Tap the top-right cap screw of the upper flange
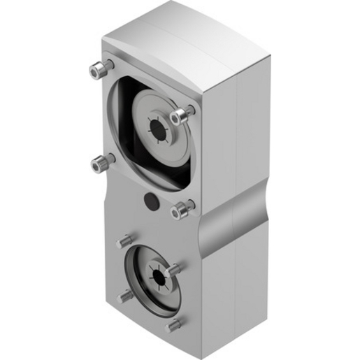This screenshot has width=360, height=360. click(x=185, y=113)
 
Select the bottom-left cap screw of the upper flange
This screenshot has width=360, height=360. click(x=101, y=162)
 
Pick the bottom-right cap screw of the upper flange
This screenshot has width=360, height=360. click(x=185, y=208)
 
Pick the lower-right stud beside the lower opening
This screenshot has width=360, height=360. click(x=174, y=326)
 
